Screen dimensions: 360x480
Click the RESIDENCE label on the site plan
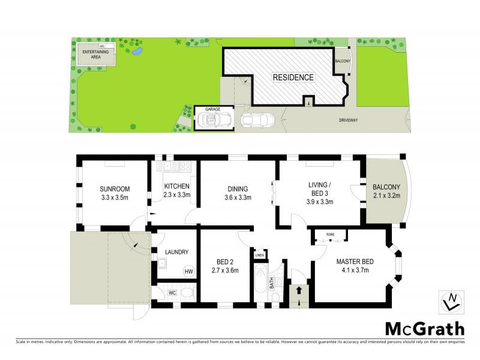pos(293,77)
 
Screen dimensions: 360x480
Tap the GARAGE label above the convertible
pos(213,109)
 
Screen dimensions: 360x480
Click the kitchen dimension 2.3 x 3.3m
pos(177,195)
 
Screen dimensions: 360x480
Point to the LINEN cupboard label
pos(259,255)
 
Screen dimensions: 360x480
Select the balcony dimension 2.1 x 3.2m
pos(386,195)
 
